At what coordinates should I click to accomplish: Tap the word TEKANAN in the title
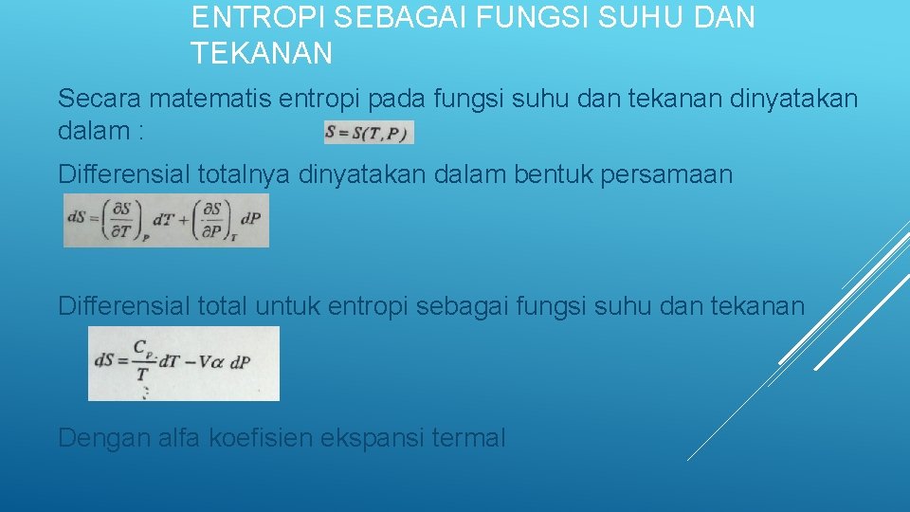coord(262,54)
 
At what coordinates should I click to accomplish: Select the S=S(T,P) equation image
coord(369,133)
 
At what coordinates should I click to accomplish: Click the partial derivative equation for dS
coord(166,220)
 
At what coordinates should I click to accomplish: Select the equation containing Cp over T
coord(184,363)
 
